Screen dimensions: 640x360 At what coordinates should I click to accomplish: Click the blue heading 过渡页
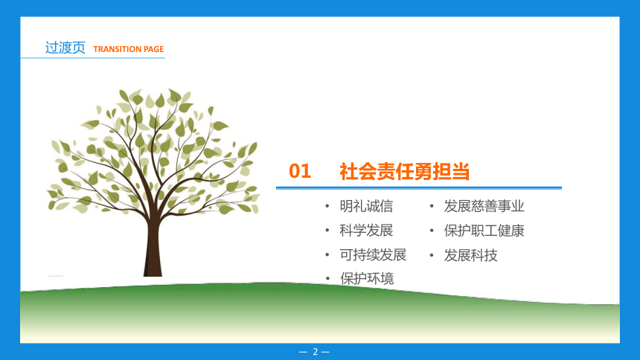(65, 48)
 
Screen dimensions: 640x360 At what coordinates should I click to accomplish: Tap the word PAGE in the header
(153, 49)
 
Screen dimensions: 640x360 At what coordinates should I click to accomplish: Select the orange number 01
(300, 171)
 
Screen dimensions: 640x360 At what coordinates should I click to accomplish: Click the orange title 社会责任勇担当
(405, 171)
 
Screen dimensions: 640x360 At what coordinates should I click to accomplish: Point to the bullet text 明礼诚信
(366, 206)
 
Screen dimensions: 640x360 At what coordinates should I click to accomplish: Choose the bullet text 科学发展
(366, 231)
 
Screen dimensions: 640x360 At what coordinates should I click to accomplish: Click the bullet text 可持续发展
(373, 255)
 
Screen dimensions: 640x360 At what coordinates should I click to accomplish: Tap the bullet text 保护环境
(367, 279)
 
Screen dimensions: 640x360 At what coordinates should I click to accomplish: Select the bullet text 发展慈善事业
(484, 206)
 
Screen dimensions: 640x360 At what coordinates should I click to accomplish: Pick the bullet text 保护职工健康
(484, 231)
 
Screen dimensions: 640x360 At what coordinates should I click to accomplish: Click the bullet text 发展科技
(470, 255)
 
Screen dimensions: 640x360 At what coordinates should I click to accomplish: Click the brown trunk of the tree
(153, 249)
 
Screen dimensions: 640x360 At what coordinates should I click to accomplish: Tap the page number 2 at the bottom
(315, 351)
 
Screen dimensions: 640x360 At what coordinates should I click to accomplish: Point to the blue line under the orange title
(419, 187)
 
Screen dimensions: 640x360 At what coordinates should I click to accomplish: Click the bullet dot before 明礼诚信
(327, 207)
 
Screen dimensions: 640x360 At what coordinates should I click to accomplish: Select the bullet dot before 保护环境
(327, 279)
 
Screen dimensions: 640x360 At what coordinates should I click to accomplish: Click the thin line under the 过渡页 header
(93, 58)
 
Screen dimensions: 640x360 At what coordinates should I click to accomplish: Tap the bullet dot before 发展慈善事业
(432, 207)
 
